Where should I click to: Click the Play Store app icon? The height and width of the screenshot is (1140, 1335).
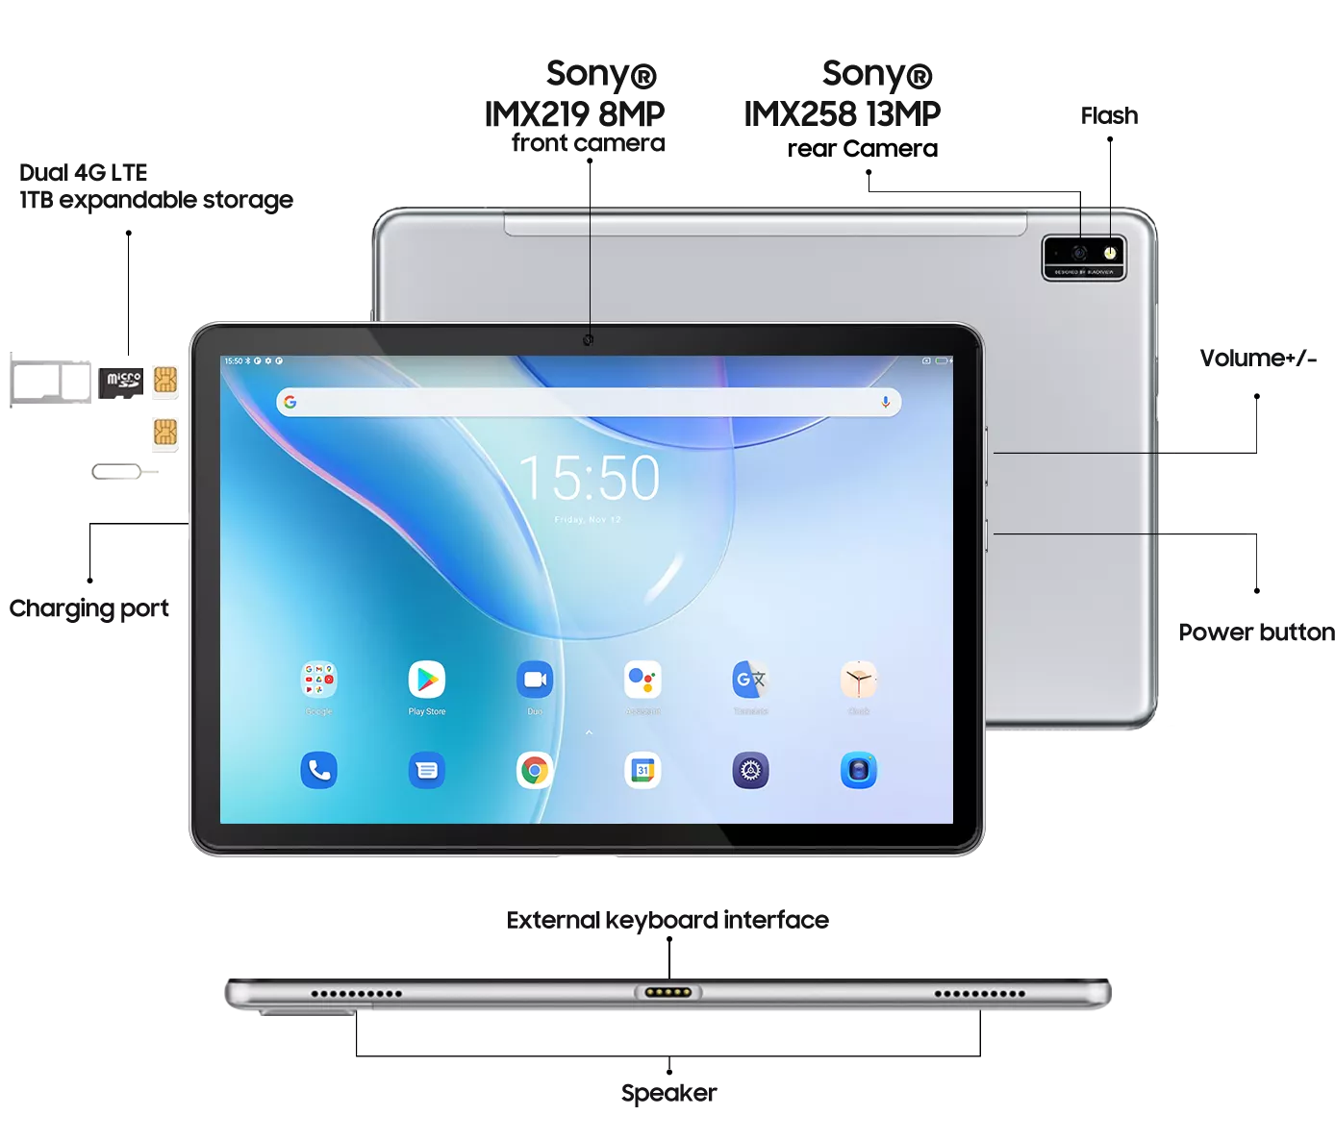[x=427, y=680]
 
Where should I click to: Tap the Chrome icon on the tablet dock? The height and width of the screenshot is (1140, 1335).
[x=535, y=770]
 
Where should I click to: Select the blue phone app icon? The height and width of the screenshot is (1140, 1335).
[x=319, y=770]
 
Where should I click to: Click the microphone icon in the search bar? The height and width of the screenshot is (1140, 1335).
[x=885, y=402]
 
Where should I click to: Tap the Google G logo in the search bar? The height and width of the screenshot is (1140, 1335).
[x=290, y=402]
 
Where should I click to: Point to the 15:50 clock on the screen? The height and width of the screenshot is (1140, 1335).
[x=589, y=478]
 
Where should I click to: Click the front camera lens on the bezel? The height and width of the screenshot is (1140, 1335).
[x=589, y=340]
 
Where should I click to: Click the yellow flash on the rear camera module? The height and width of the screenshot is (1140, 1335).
[x=1109, y=253]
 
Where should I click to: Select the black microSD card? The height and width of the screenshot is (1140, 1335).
[x=120, y=382]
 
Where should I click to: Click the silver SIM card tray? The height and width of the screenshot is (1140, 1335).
[x=50, y=383]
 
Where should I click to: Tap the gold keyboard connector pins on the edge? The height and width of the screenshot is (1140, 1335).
[x=668, y=992]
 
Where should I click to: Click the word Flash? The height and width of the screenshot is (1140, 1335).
[x=1109, y=116]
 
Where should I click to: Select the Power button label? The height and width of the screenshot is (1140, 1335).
[x=1256, y=632]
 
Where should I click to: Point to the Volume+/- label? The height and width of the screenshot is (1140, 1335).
[x=1257, y=359]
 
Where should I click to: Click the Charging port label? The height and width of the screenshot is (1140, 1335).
[x=89, y=608]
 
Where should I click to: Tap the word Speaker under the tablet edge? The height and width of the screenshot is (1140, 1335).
[x=668, y=1093]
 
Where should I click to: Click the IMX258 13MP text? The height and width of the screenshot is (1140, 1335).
[x=842, y=114]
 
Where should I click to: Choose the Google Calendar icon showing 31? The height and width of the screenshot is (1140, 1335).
[x=642, y=770]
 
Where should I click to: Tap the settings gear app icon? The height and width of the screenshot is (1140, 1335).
[x=750, y=770]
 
